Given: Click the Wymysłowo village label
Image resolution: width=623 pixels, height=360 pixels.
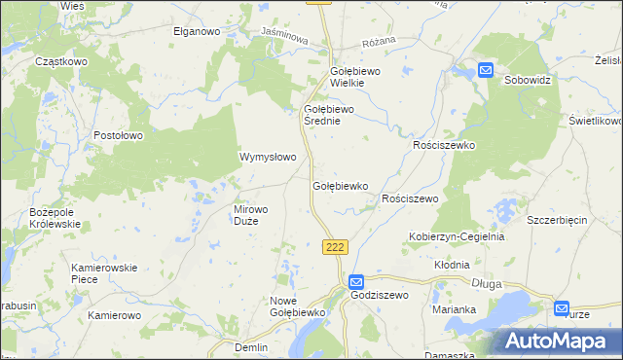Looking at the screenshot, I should (268, 157).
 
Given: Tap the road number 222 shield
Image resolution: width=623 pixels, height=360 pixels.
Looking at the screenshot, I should (335, 247).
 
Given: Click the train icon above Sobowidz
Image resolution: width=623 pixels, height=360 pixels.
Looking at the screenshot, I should (486, 69).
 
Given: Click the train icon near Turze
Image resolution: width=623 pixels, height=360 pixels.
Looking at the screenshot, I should (563, 308).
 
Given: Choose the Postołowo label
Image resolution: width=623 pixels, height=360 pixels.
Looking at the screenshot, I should (119, 135).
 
